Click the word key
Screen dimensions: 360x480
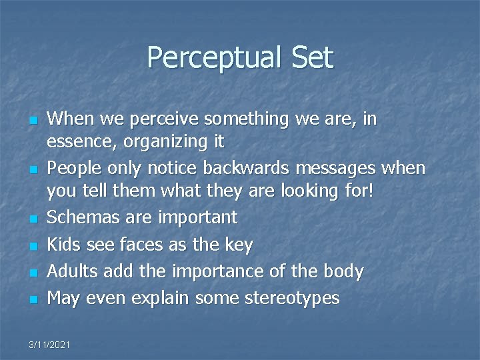[x=239, y=245]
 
